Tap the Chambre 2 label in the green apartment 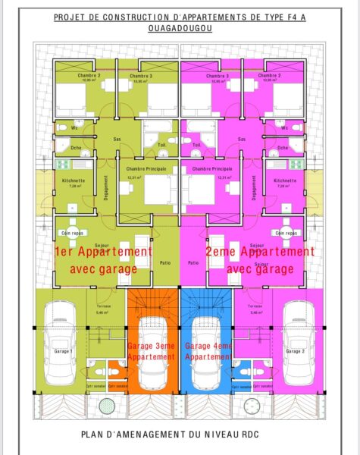[89, 76]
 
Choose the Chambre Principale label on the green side [146, 168]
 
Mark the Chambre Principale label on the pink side [212, 168]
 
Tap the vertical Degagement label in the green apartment [105, 188]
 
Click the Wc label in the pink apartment [282, 127]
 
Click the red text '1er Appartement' [104, 251]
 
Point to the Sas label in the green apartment [117, 140]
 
